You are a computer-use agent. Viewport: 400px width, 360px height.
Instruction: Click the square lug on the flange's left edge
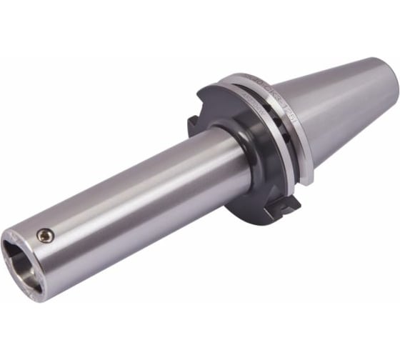click(194, 125)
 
